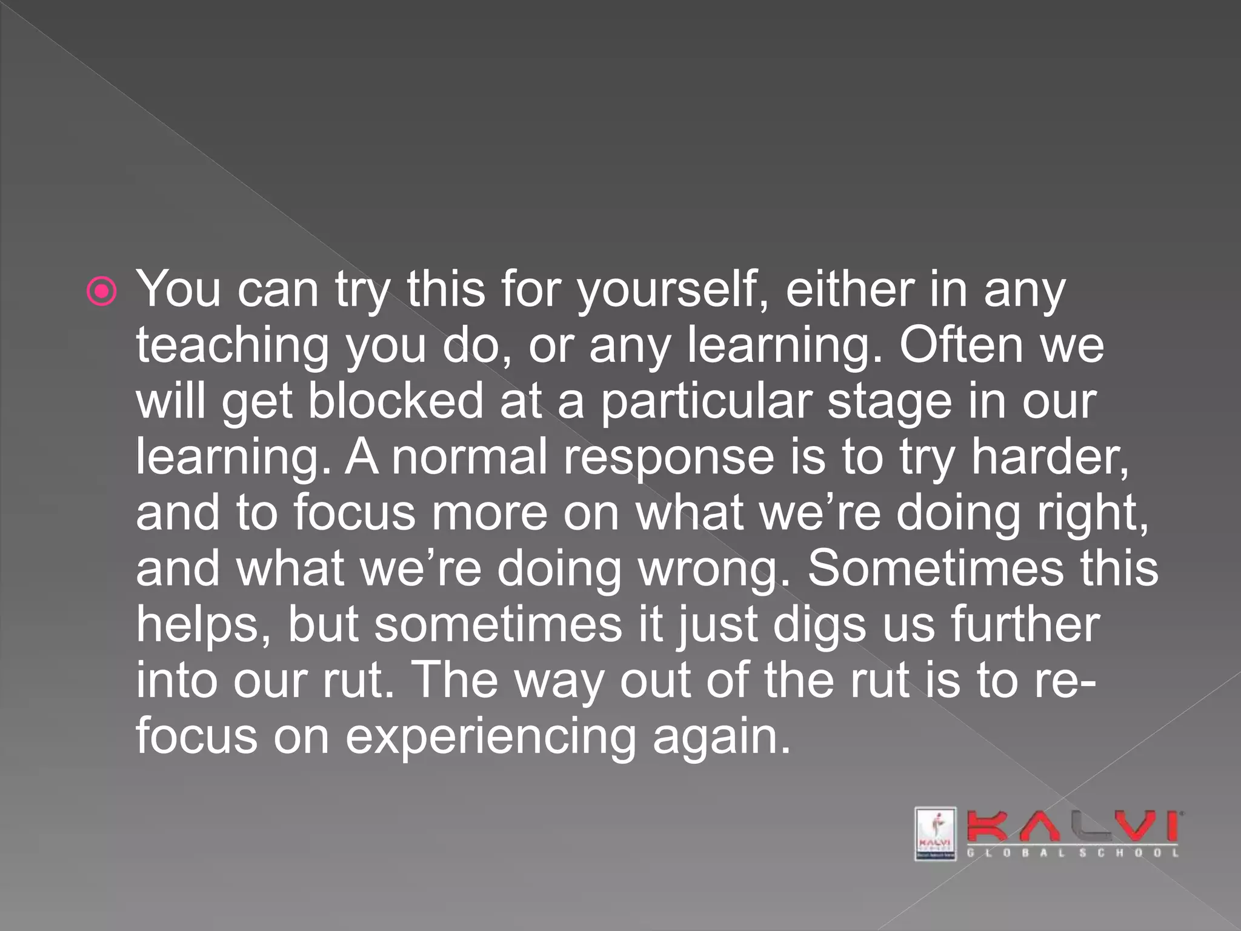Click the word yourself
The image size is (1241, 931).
[x=668, y=290]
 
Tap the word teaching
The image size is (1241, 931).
[x=232, y=345]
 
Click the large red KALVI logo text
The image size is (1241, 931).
[x=1072, y=826]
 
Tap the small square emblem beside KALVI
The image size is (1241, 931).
[x=935, y=833]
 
